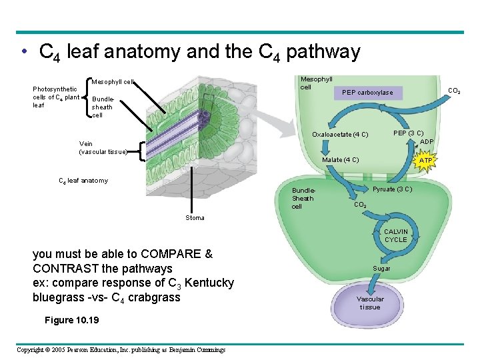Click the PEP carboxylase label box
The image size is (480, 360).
367,92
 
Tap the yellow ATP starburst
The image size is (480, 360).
425,161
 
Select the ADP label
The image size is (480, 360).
427,141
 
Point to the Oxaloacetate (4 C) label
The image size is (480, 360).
340,135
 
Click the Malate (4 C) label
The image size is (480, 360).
340,160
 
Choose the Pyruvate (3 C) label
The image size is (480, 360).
392,189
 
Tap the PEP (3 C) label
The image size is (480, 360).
408,133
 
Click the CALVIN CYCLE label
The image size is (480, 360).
395,235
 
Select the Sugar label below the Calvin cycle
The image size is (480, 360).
381,268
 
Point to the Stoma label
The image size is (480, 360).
195,218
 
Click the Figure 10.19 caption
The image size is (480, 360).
71,320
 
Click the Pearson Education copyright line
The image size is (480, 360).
121,349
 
